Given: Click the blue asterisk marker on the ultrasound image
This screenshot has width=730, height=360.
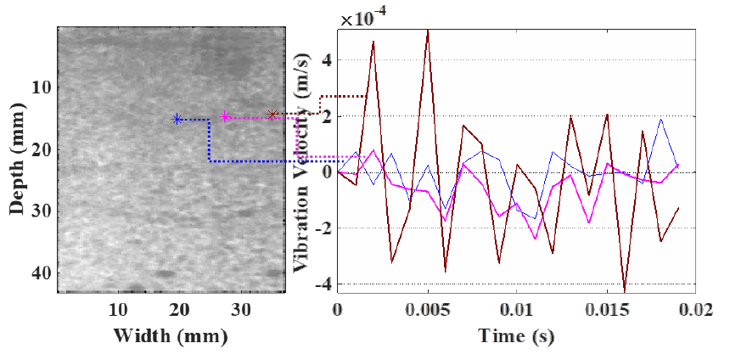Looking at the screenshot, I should (177, 120).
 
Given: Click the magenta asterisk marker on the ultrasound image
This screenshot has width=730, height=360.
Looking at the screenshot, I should (225, 116).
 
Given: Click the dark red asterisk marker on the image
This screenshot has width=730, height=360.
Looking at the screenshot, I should (272, 114).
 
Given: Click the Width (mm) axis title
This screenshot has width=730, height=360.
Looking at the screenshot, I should (170, 336).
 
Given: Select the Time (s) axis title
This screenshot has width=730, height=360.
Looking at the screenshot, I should (516, 336).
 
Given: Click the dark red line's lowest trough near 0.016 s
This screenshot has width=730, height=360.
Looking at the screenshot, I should (626, 290).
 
